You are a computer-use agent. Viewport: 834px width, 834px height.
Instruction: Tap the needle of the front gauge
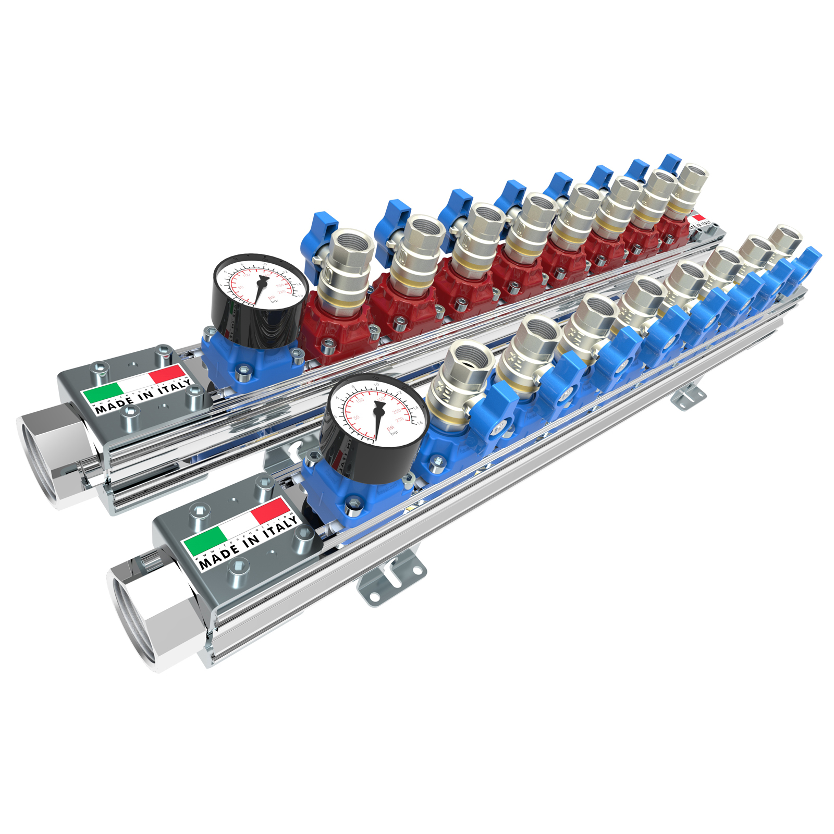(x=377, y=420)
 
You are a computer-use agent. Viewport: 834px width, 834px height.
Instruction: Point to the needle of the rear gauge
(x=260, y=290)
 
